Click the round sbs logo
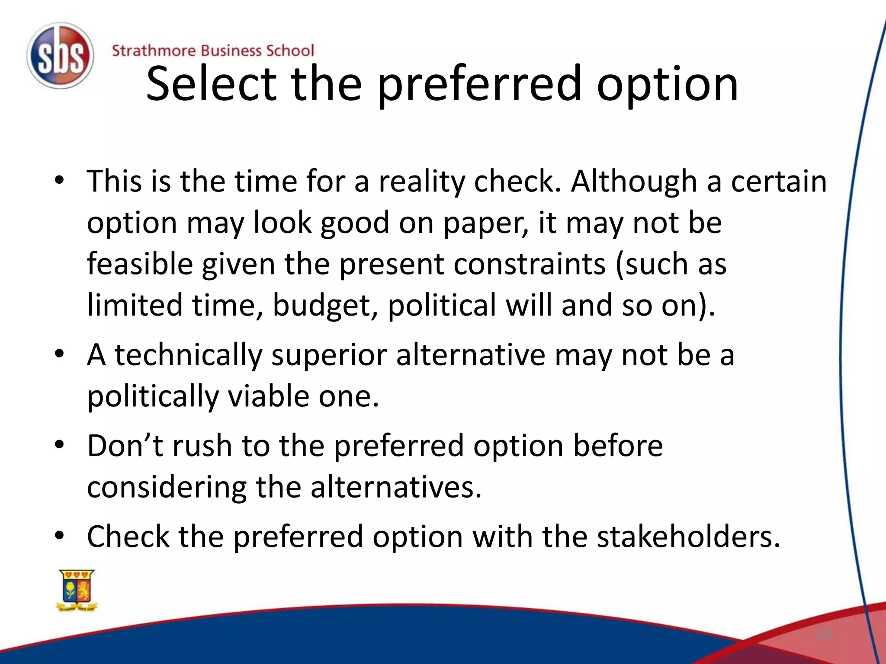coord(60,56)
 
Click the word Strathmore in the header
coord(154,51)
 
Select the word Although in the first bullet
coord(633,181)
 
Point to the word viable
coord(268,396)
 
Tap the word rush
coord(202,446)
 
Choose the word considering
coord(167,487)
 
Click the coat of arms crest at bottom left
coord(77,590)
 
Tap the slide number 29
coord(824,634)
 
